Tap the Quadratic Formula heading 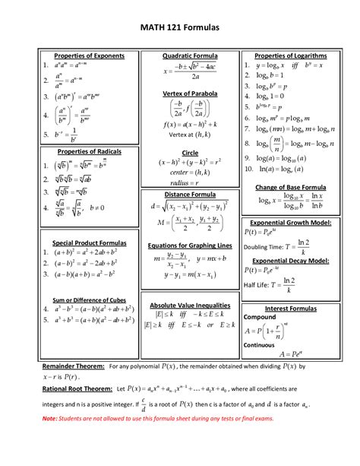click(x=190, y=56)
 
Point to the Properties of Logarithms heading click(x=291, y=56)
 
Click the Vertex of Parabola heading click(x=190, y=93)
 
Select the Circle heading click(x=190, y=153)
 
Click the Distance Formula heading click(x=190, y=195)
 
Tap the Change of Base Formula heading click(x=291, y=187)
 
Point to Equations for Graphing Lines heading click(x=190, y=246)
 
